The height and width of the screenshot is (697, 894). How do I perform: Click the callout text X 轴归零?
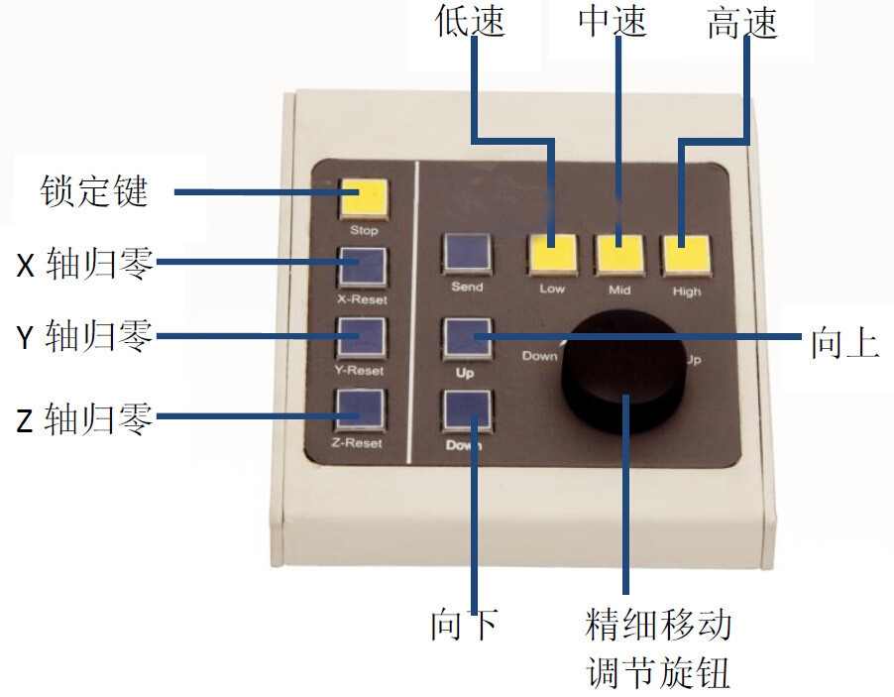coord(85,264)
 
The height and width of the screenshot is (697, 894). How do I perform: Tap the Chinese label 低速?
coord(471,22)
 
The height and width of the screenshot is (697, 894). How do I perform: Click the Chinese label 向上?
coord(845,342)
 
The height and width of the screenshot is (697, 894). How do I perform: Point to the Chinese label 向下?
coord(464,626)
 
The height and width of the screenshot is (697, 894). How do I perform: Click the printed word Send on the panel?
coord(467,287)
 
